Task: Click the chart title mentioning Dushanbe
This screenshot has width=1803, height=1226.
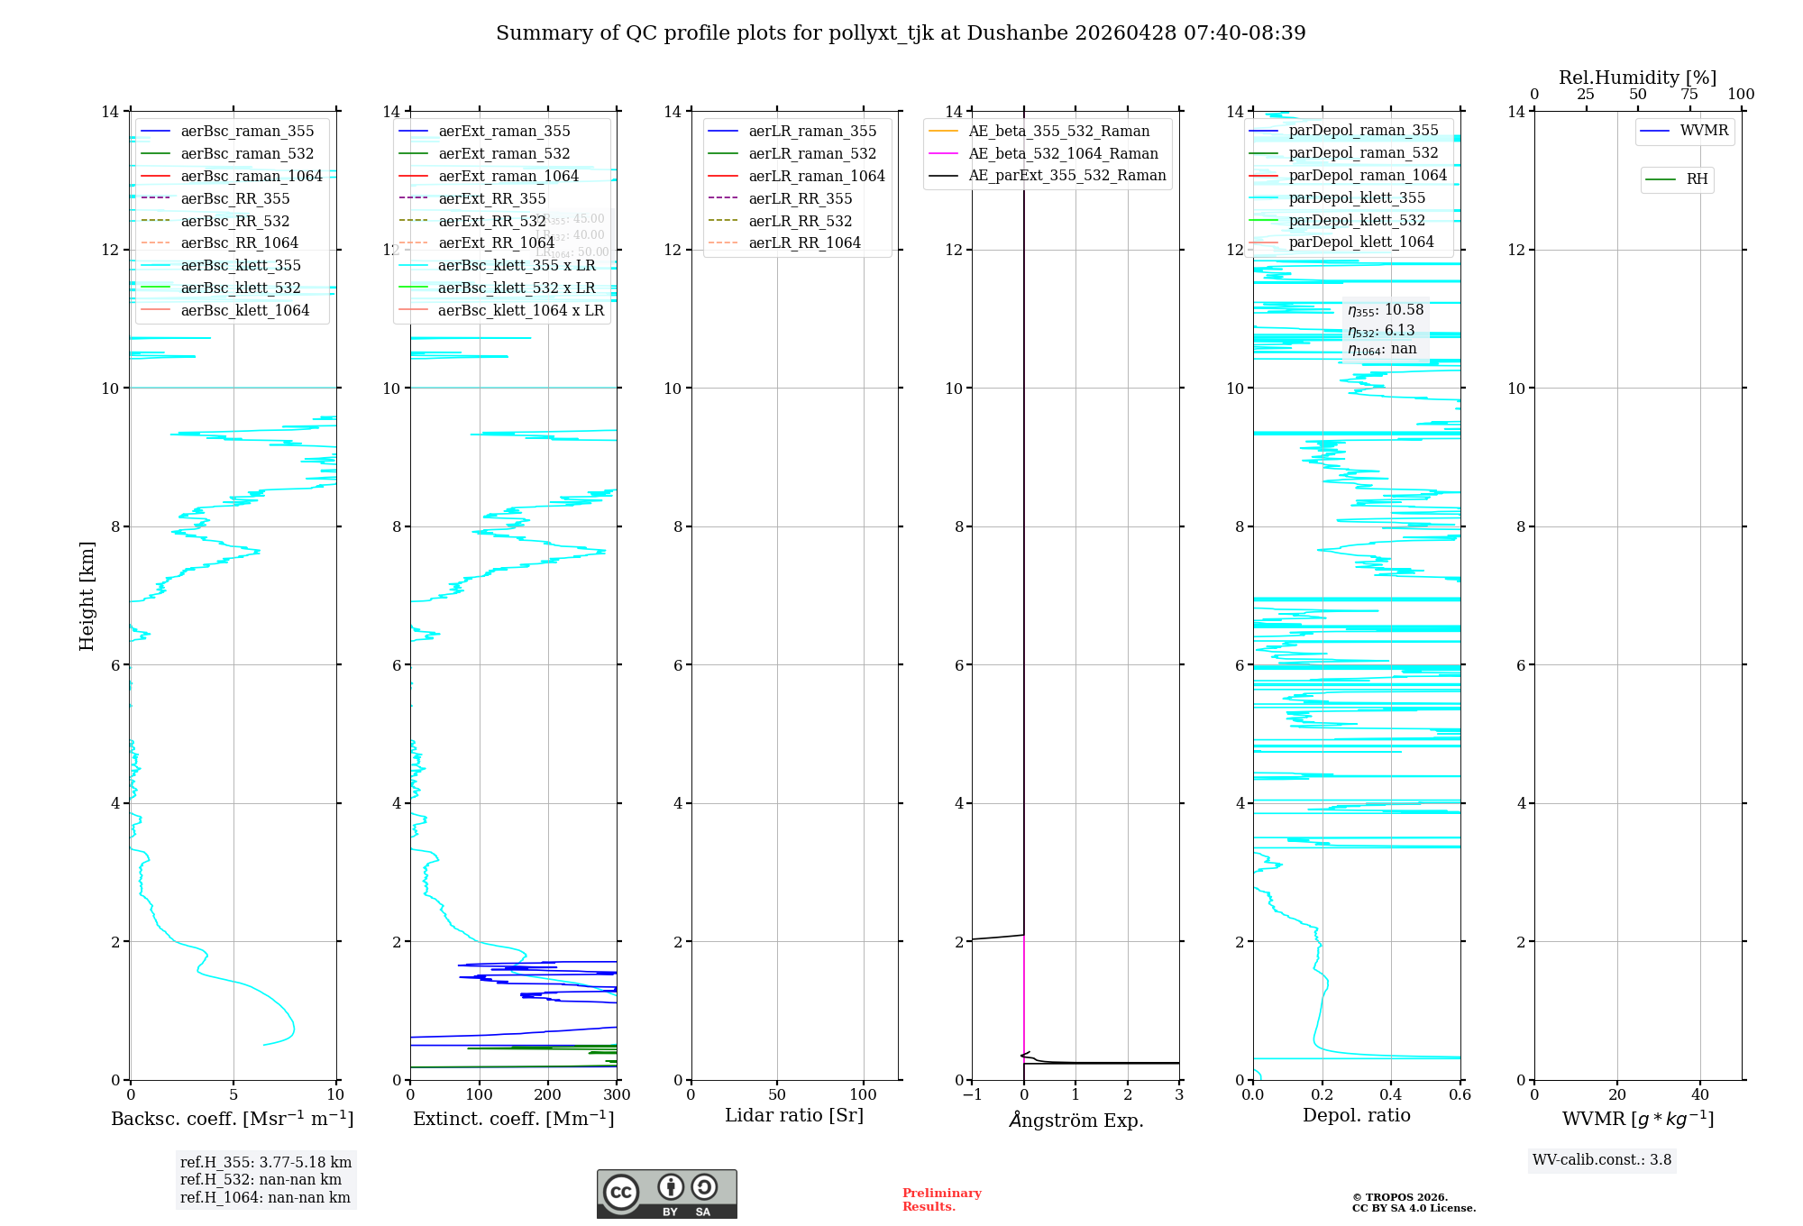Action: tap(901, 33)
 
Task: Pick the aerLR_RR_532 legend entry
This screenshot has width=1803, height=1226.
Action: tap(800, 221)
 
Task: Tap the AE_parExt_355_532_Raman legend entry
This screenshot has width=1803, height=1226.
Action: tap(1066, 176)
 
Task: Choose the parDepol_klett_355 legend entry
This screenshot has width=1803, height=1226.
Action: tap(1357, 198)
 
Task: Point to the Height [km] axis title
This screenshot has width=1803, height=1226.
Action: tap(87, 595)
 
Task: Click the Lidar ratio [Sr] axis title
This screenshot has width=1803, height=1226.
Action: tap(794, 1116)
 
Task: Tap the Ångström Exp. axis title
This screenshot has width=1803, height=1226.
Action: tap(1075, 1120)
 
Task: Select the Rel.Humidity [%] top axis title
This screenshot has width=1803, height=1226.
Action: tap(1637, 78)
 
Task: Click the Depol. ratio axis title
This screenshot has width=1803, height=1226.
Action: tap(1356, 1116)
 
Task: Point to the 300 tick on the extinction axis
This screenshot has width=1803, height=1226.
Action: tap(617, 1095)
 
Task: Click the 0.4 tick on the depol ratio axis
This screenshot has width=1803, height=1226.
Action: tap(1391, 1095)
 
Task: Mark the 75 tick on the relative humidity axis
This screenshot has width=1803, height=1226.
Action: tap(1689, 95)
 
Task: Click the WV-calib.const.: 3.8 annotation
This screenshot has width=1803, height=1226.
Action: tap(1602, 1160)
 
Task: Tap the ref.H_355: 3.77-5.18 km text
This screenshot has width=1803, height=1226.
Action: tap(266, 1163)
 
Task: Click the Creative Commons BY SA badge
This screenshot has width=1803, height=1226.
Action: tap(666, 1194)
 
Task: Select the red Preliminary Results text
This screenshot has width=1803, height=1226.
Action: tap(941, 1200)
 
